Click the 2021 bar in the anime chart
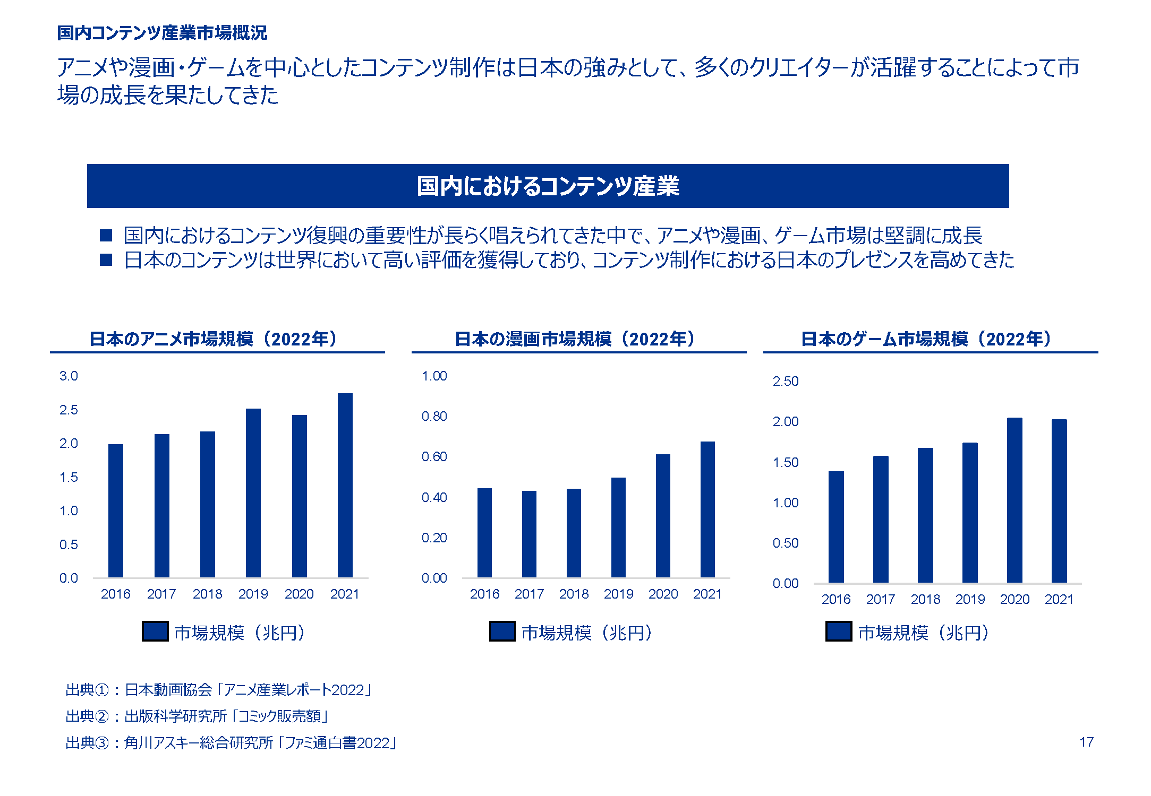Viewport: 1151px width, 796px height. (x=345, y=485)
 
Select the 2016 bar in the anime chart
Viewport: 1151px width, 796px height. (x=115, y=511)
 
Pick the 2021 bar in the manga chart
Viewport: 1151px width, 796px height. (x=707, y=509)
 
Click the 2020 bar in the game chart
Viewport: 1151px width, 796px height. (x=1014, y=500)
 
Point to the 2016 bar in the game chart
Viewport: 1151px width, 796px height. (x=836, y=526)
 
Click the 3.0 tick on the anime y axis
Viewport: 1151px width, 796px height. (x=69, y=376)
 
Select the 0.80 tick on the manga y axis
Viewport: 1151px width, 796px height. (x=434, y=417)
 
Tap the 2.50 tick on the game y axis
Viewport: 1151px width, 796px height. (x=786, y=382)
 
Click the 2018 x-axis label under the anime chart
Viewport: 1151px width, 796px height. (x=207, y=594)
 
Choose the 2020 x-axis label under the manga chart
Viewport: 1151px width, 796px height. (x=663, y=594)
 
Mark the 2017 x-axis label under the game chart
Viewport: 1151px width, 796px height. (x=881, y=600)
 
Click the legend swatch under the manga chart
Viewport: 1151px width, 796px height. (x=502, y=631)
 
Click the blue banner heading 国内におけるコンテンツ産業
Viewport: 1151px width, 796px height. (x=548, y=186)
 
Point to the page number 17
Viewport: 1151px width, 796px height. (x=1086, y=742)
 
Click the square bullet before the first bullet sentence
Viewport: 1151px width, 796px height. (x=106, y=235)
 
